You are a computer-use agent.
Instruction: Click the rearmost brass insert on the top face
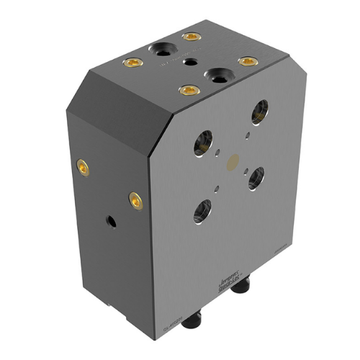coord(190,37)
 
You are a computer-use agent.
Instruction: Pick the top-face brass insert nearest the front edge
coord(189,90)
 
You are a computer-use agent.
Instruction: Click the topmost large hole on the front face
coord(259,112)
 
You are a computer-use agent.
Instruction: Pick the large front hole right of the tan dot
coord(256,176)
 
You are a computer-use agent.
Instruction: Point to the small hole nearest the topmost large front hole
coord(247,132)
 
